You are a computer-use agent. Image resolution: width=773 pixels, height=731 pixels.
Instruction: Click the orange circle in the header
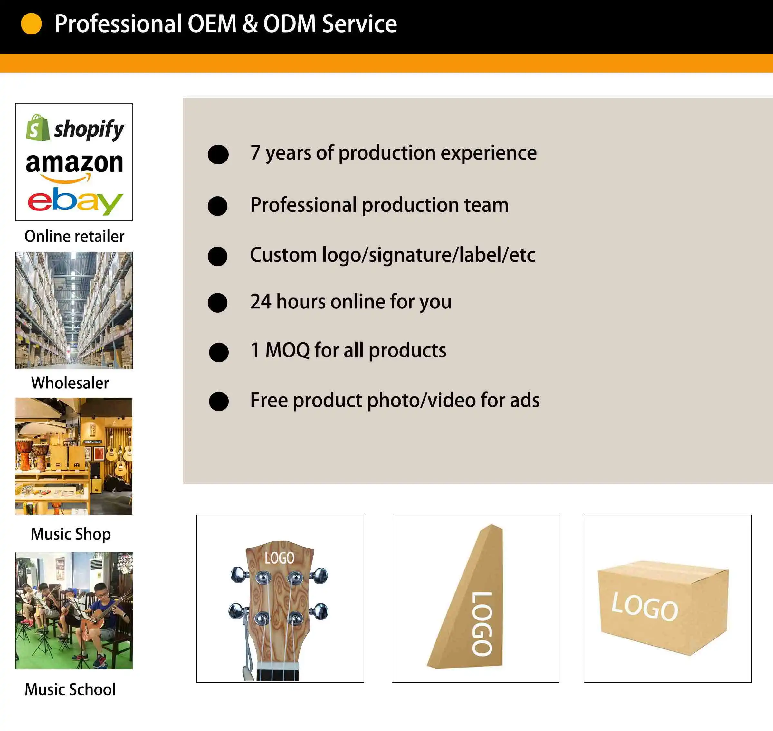coord(31,24)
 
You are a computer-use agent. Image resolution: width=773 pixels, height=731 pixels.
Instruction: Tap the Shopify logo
coord(75,128)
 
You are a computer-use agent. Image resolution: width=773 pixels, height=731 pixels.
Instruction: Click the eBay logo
coord(75,201)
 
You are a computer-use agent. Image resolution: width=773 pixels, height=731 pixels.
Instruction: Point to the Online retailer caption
coord(74,237)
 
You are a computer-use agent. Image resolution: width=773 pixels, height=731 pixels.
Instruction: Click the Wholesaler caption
coord(70,383)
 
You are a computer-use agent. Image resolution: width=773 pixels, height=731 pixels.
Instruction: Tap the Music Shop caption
coord(71,534)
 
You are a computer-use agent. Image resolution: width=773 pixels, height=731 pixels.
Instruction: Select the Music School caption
coord(70,689)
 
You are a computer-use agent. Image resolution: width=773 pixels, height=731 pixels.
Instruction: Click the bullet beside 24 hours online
coord(217,303)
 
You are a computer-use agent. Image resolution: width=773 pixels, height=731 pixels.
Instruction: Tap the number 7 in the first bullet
coord(255,152)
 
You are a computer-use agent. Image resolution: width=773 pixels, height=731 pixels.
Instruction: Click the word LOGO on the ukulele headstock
coord(280,558)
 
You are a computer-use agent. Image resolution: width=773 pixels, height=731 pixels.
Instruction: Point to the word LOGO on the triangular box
coord(482,623)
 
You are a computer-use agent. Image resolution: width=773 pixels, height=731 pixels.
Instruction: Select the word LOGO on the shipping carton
coord(645,606)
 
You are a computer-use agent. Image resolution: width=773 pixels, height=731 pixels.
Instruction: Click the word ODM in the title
coord(289,24)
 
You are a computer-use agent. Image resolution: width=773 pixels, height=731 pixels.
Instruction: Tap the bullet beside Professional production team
coord(217,206)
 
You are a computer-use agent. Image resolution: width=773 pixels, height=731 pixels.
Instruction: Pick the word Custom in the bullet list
coord(283,255)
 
